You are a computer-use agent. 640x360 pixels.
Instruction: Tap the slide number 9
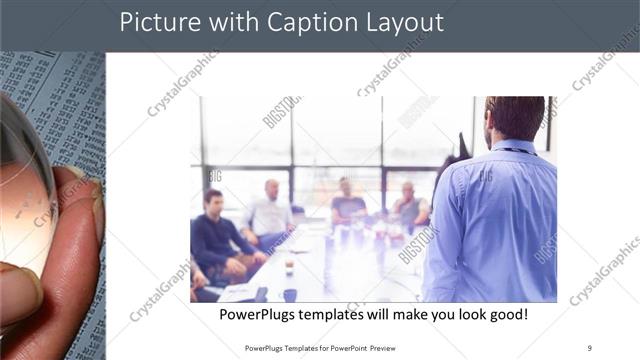point(589,347)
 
